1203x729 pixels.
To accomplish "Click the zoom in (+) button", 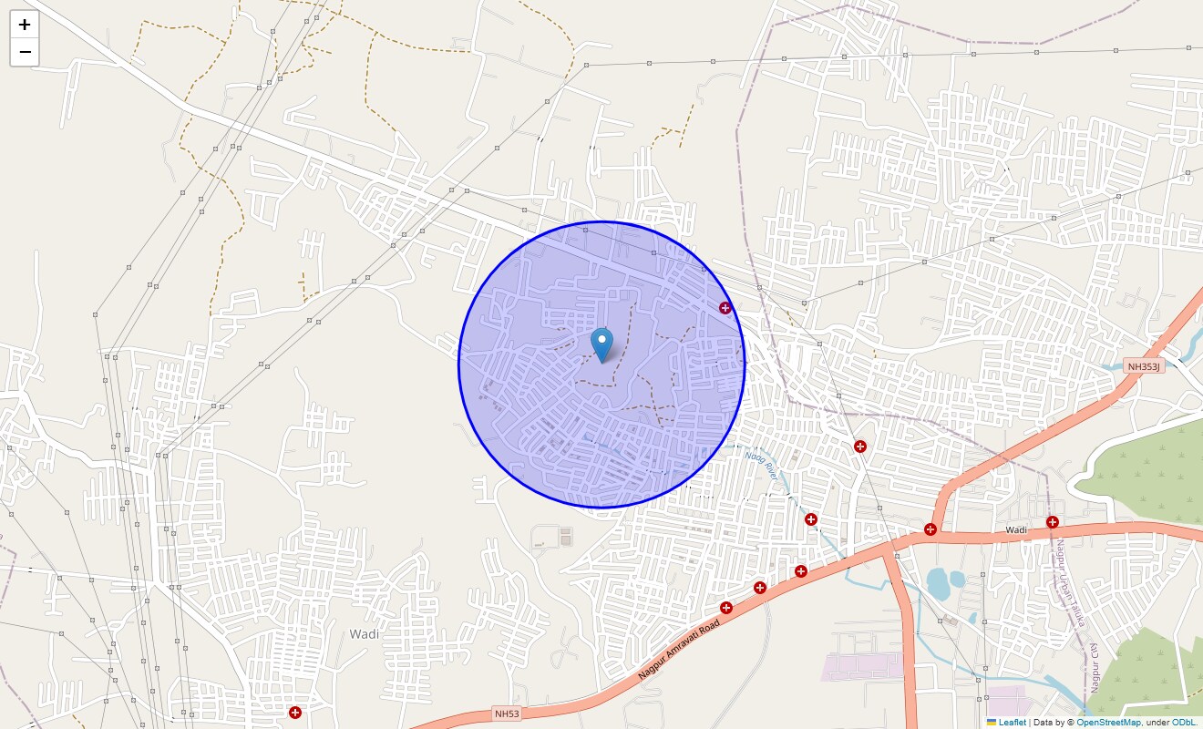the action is [25, 25].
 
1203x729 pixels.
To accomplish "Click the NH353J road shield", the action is [1144, 366].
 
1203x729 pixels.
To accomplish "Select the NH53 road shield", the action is [506, 714].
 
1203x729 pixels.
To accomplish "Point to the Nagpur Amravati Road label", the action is [679, 650].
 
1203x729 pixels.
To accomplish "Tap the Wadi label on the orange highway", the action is [1016, 529].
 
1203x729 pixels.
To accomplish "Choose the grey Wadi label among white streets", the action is [364, 633].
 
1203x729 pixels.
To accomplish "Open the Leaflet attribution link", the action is [1012, 722].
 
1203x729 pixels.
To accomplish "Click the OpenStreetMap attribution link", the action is [1108, 722].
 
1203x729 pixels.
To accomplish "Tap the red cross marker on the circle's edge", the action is [725, 308].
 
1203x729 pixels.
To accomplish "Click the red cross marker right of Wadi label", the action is [1053, 522].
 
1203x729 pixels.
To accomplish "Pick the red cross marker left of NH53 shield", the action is [294, 712].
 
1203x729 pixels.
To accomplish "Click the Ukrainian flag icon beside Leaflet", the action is [992, 722].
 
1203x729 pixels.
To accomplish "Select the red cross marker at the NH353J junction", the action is [931, 529].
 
